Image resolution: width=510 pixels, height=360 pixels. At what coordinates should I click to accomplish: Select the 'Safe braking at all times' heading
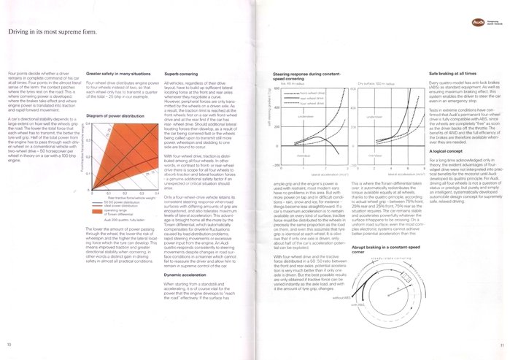point(455,74)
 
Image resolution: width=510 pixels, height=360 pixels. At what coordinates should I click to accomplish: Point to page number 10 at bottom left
point(9,345)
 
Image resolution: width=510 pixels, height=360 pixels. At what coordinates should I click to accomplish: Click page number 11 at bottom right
point(502,345)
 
